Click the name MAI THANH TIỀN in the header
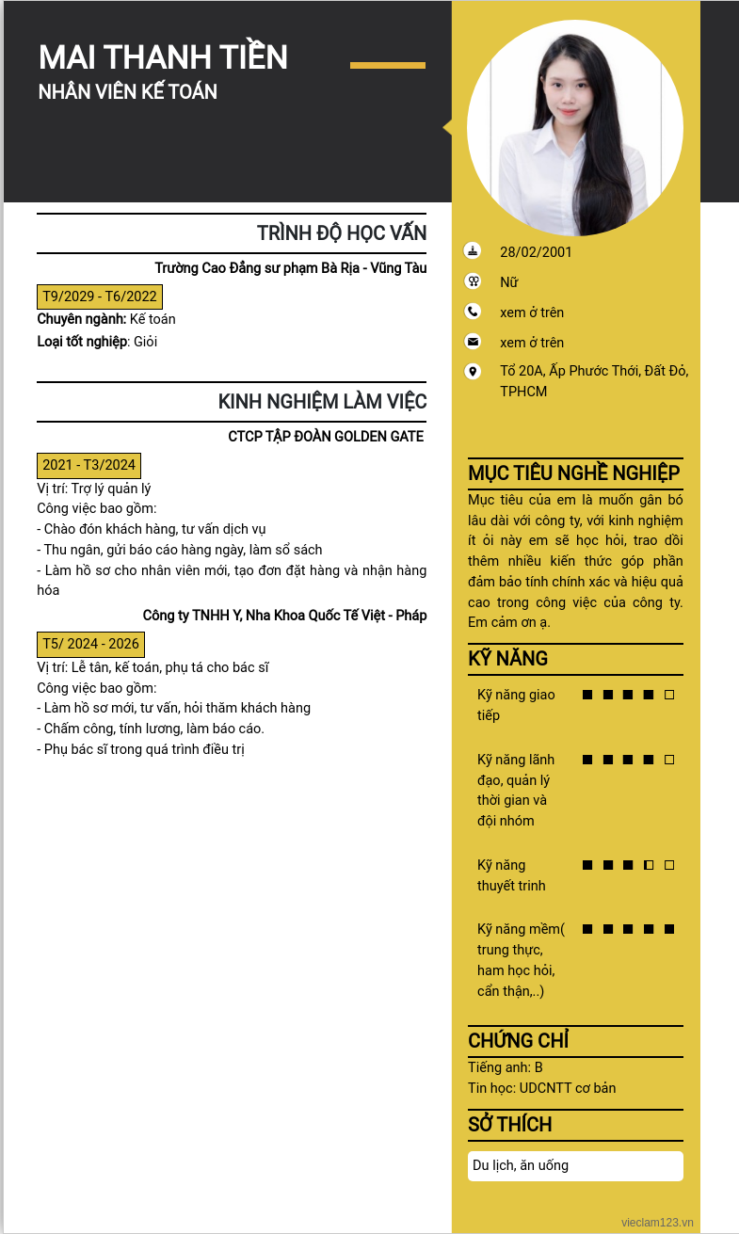[x=163, y=57]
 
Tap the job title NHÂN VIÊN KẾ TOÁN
[x=128, y=92]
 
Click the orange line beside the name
[x=388, y=65]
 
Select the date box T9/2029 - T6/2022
[x=100, y=296]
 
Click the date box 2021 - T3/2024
[x=88, y=465]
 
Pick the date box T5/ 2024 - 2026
[x=90, y=644]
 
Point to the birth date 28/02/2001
[x=536, y=252]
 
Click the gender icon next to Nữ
[x=473, y=281]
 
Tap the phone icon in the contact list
[x=473, y=312]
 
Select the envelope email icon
[x=473, y=342]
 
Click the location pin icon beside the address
[x=473, y=372]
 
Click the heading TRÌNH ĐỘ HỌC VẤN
[x=342, y=233]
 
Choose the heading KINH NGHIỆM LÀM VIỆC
[x=322, y=402]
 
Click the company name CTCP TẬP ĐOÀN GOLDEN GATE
[x=326, y=437]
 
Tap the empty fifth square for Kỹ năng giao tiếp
[x=669, y=696]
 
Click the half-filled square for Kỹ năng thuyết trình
[x=649, y=865]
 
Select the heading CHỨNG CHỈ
[x=518, y=1041]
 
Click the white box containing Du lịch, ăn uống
[x=575, y=1165]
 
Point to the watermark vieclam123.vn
[x=657, y=1222]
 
